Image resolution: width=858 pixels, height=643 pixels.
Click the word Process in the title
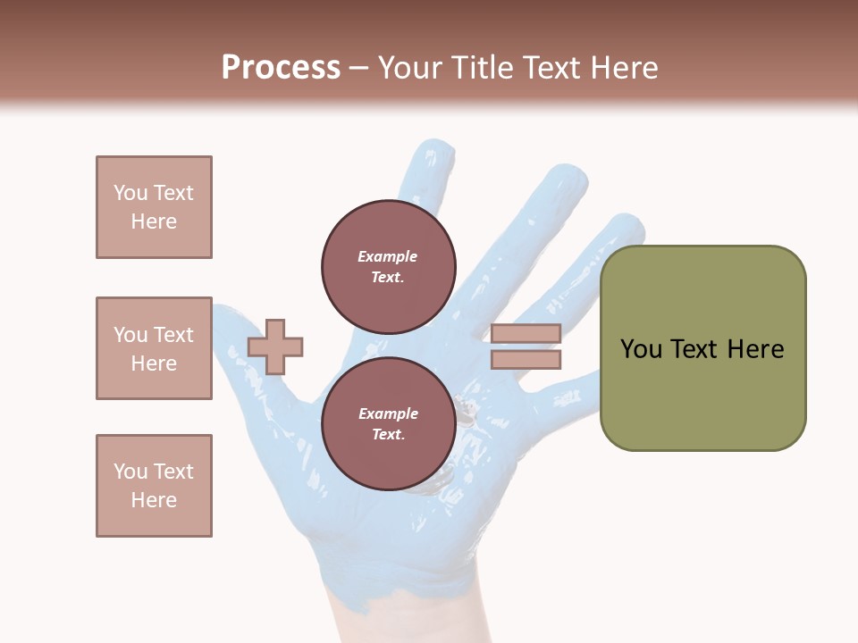point(281,68)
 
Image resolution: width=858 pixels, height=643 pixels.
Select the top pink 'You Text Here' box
point(154,207)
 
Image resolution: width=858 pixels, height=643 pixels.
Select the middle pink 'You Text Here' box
point(154,348)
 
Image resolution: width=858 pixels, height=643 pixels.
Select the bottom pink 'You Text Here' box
point(154,486)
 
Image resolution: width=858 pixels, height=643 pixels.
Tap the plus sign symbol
point(275,347)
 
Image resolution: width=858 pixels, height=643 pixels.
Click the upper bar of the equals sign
point(526,334)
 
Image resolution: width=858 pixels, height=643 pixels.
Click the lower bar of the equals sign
point(526,360)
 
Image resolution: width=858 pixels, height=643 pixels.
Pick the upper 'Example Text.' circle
point(389,266)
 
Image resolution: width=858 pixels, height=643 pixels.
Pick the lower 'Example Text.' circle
point(389,424)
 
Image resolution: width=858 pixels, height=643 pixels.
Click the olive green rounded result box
point(703,348)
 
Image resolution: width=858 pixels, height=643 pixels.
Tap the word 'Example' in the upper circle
point(388,256)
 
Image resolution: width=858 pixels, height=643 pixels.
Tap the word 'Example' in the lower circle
point(388,413)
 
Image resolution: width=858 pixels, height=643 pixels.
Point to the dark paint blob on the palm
point(467,411)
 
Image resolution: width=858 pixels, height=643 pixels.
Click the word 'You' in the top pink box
point(130,193)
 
